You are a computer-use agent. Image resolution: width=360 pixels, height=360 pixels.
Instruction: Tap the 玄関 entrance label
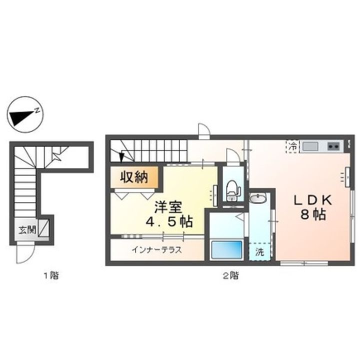pos(27,230)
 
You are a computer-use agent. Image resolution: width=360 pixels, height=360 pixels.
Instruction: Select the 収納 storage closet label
pos(134,177)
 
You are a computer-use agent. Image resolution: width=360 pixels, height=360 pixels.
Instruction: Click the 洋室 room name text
pos(168,207)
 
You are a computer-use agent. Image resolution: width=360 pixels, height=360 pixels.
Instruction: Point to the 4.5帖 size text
pos(169,222)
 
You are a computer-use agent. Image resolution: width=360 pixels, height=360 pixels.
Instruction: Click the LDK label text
pos(313,200)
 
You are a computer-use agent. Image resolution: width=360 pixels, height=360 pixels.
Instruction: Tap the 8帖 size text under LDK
pos(313,215)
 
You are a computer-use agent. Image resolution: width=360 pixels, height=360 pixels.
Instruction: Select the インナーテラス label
pos(157,250)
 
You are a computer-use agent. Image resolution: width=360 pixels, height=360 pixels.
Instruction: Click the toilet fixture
pos(233,191)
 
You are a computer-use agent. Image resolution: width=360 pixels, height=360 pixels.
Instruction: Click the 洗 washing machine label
pos(259,252)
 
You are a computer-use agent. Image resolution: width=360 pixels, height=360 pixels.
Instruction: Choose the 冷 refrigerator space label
pos(292,146)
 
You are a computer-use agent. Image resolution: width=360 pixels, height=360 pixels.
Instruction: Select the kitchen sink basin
pos(310,146)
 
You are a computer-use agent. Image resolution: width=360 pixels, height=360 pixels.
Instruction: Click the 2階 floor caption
pos(231,275)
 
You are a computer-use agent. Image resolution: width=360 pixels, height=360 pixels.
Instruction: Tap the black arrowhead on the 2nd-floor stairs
pos(121,157)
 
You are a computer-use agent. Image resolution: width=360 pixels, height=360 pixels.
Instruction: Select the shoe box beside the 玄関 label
pos(43,228)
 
